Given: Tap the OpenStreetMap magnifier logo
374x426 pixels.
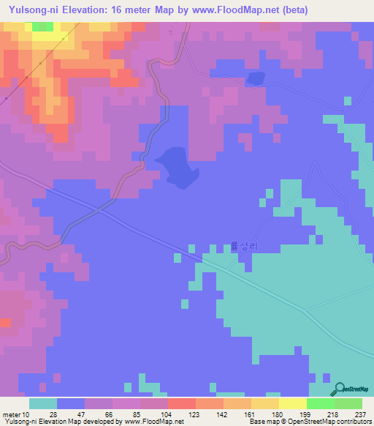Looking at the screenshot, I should tap(339, 389).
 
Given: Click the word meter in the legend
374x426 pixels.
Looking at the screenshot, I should tap(12, 414).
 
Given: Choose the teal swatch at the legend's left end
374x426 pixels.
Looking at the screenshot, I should tap(42, 403).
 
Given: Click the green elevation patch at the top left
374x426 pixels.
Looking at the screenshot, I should tap(42, 26).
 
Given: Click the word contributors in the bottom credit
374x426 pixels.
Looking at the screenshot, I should tap(354, 422).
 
